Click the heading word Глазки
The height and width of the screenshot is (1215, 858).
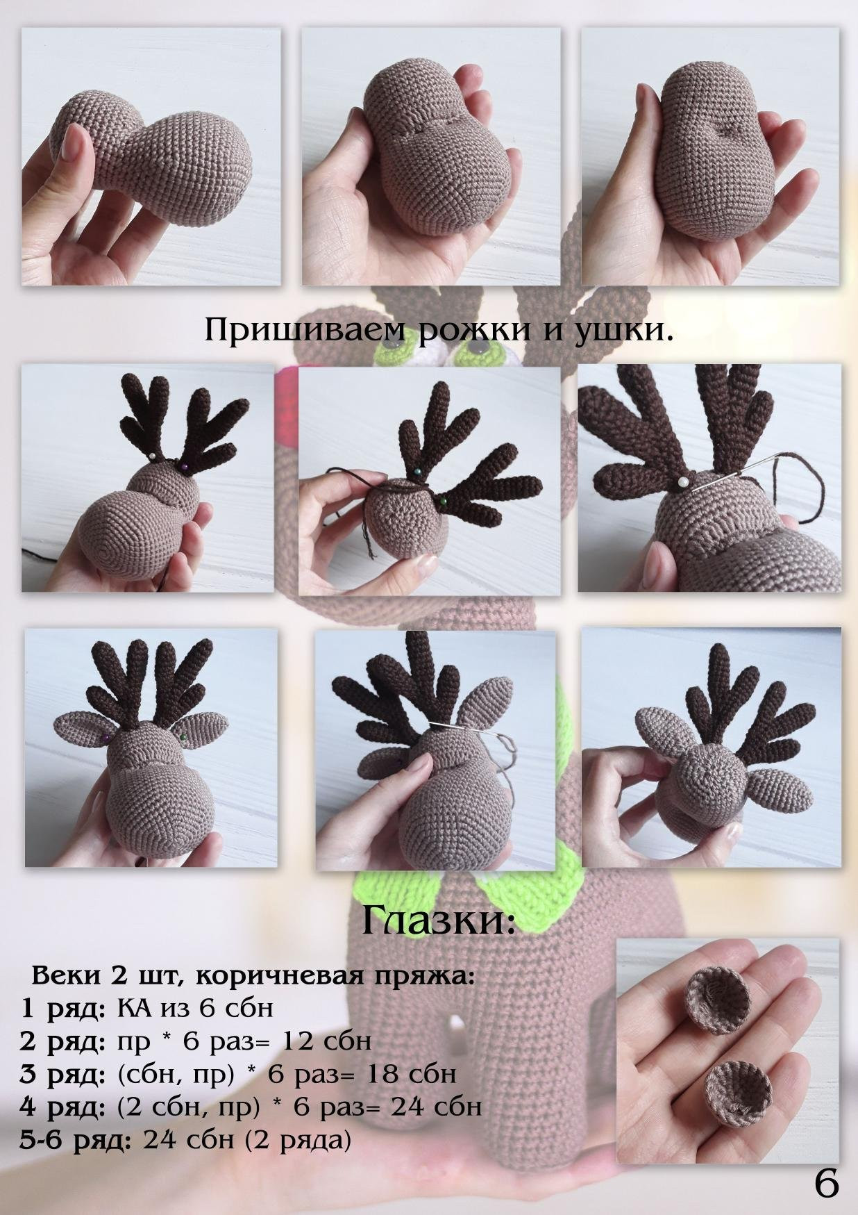[439, 920]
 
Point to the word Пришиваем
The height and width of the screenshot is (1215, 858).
[308, 331]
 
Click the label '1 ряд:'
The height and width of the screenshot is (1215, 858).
[67, 1008]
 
